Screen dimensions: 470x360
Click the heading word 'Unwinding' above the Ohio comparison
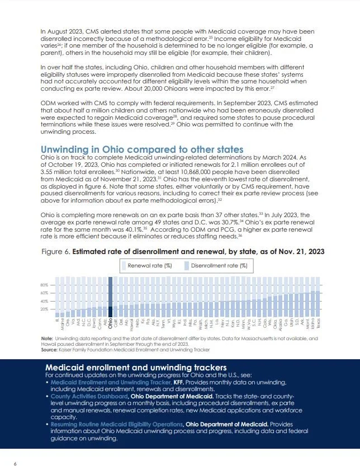click(x=71, y=149)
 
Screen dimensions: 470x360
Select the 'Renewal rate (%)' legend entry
click(x=149, y=265)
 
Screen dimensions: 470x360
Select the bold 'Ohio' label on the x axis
click(x=110, y=323)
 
